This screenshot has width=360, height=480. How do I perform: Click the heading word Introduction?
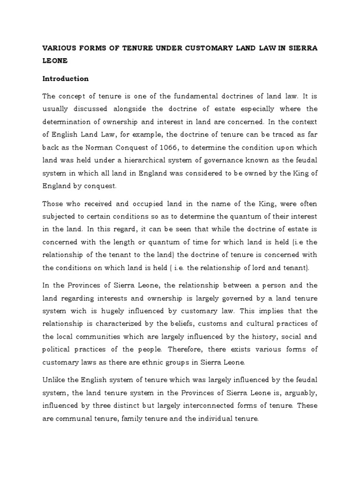(x=66, y=79)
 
